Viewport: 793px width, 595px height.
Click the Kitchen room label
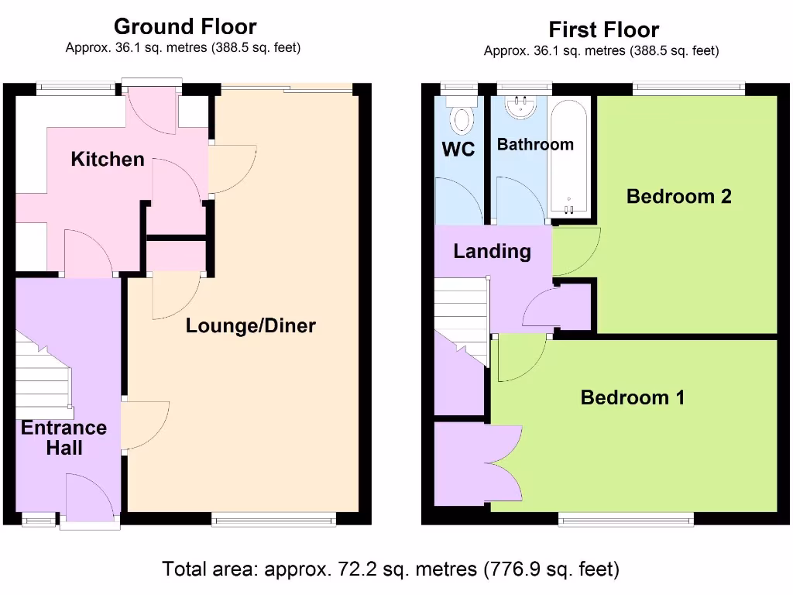108,160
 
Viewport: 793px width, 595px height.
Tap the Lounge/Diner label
250,326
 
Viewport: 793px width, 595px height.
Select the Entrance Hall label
64,438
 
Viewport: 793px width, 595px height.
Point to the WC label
458,149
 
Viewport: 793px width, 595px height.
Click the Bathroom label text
535,144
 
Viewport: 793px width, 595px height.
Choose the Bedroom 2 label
678,196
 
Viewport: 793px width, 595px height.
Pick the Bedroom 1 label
633,397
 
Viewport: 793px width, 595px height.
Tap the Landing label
492,251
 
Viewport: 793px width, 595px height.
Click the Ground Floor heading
185,26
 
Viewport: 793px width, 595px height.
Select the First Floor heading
603,30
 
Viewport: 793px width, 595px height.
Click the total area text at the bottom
390,569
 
